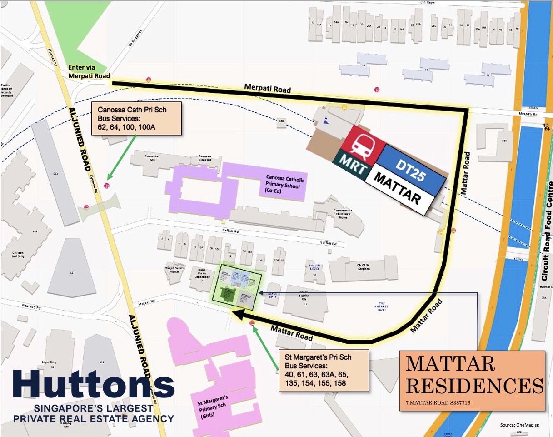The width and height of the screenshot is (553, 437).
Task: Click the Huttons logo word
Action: (x=94, y=385)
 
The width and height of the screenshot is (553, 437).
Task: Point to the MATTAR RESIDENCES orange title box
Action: (x=472, y=381)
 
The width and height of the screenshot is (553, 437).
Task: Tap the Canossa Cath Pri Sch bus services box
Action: (x=137, y=118)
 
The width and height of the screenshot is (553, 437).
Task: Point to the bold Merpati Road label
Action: (x=267, y=89)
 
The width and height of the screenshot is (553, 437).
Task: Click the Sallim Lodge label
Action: (x=315, y=267)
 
